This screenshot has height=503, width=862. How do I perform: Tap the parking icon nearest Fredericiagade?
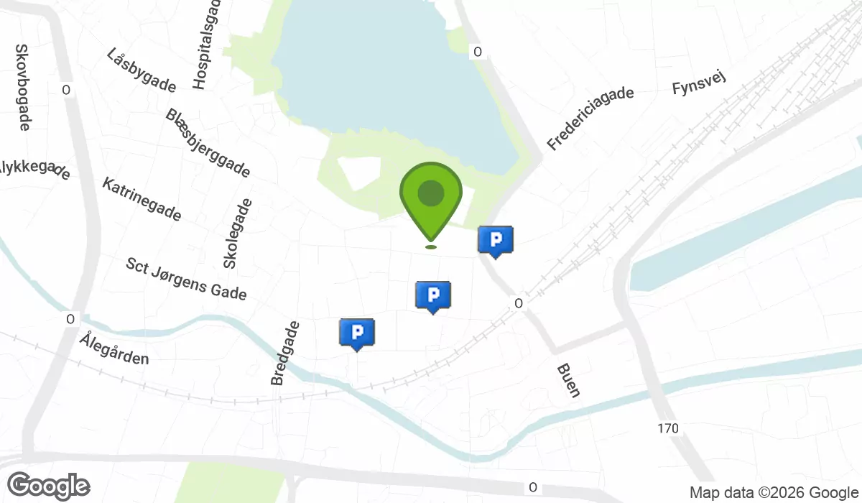click(496, 241)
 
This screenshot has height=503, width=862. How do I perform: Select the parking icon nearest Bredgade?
click(357, 333)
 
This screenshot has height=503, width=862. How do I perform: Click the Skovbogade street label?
click(22, 87)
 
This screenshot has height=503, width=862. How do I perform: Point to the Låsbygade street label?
click(141, 70)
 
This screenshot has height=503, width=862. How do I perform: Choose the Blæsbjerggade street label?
click(208, 143)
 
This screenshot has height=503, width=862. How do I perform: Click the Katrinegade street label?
click(142, 199)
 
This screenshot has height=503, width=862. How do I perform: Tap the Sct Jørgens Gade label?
click(186, 279)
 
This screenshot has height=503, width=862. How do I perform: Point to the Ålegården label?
click(114, 349)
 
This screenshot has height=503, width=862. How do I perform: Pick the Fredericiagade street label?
click(590, 119)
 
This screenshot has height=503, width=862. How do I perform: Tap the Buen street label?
click(568, 380)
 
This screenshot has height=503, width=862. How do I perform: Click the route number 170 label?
click(667, 429)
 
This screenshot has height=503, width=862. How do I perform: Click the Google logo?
click(48, 486)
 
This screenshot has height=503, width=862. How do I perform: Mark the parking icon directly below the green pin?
click(433, 295)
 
